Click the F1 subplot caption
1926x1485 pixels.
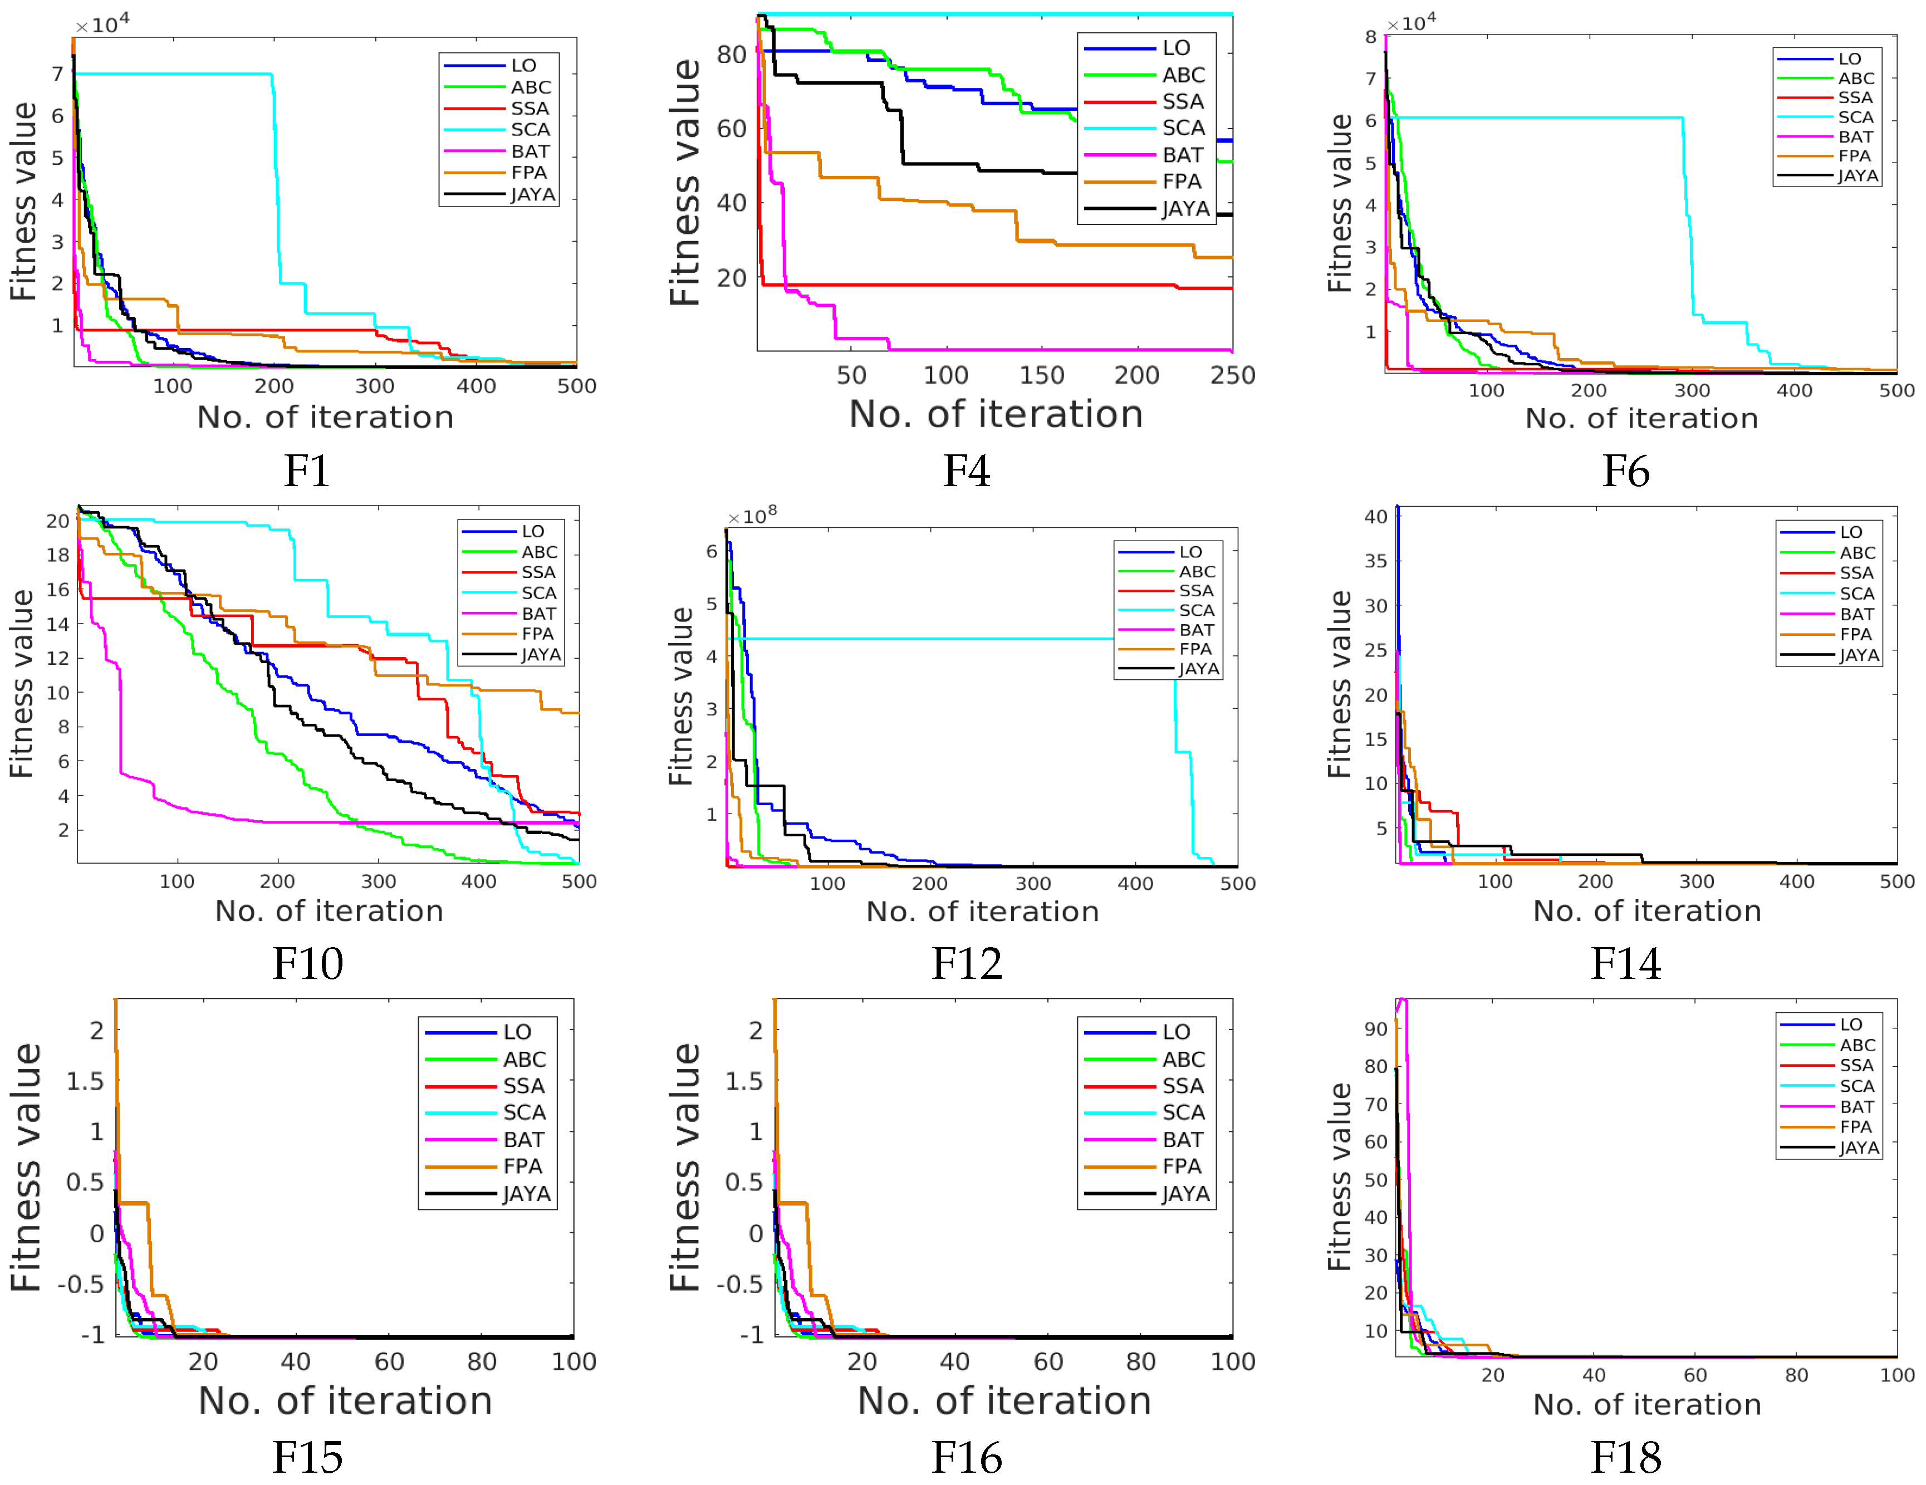pos(307,471)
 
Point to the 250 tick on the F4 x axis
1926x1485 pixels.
pos(1232,376)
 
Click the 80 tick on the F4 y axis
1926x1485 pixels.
pos(731,55)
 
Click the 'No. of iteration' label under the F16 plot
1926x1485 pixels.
pos(1003,1401)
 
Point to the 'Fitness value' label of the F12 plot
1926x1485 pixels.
pos(681,697)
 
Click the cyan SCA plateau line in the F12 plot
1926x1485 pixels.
pos(926,639)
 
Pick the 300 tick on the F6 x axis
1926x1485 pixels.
pos(1692,391)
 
